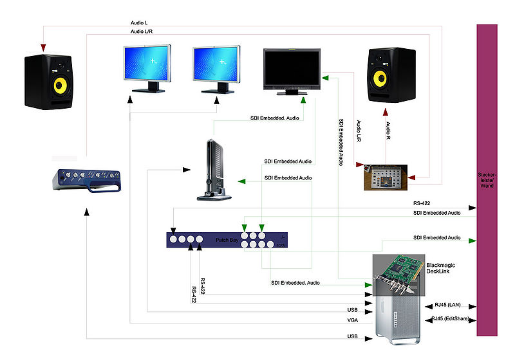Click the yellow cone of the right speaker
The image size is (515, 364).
(381, 78)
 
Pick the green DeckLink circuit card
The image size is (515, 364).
(399, 270)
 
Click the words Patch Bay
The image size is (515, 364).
(227, 241)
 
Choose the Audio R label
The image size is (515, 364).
(388, 132)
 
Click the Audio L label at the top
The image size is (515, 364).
(140, 23)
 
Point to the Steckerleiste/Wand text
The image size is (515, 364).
(486, 180)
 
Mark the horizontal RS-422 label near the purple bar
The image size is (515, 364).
(422, 203)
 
